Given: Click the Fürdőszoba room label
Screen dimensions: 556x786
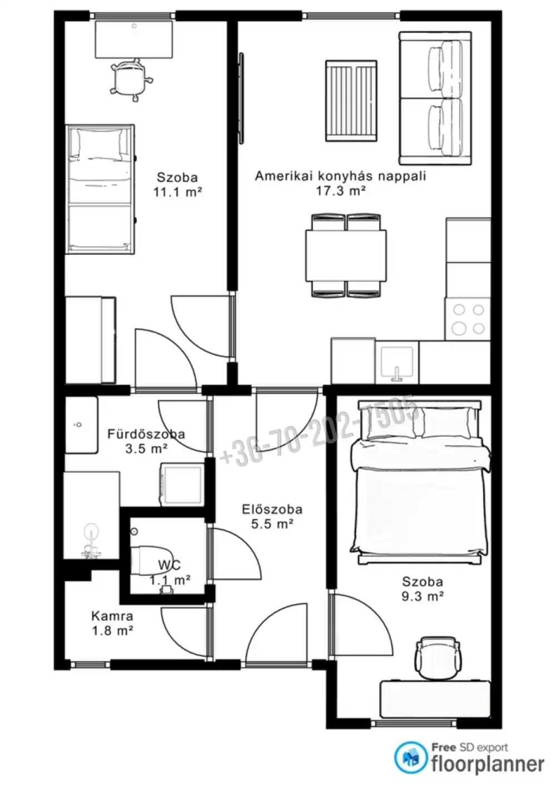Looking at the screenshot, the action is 146,434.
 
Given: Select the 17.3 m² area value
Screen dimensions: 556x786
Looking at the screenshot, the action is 341,191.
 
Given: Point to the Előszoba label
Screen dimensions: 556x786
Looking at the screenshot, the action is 272,509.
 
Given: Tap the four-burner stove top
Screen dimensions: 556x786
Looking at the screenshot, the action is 468,319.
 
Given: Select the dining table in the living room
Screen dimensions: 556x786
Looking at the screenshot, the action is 346,255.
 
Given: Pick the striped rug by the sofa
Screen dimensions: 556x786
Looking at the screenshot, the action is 351,101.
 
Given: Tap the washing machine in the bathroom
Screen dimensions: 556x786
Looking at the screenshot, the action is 182,485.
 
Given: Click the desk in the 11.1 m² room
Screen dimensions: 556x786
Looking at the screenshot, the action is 134,39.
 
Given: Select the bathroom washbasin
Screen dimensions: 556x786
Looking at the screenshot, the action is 81,424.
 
